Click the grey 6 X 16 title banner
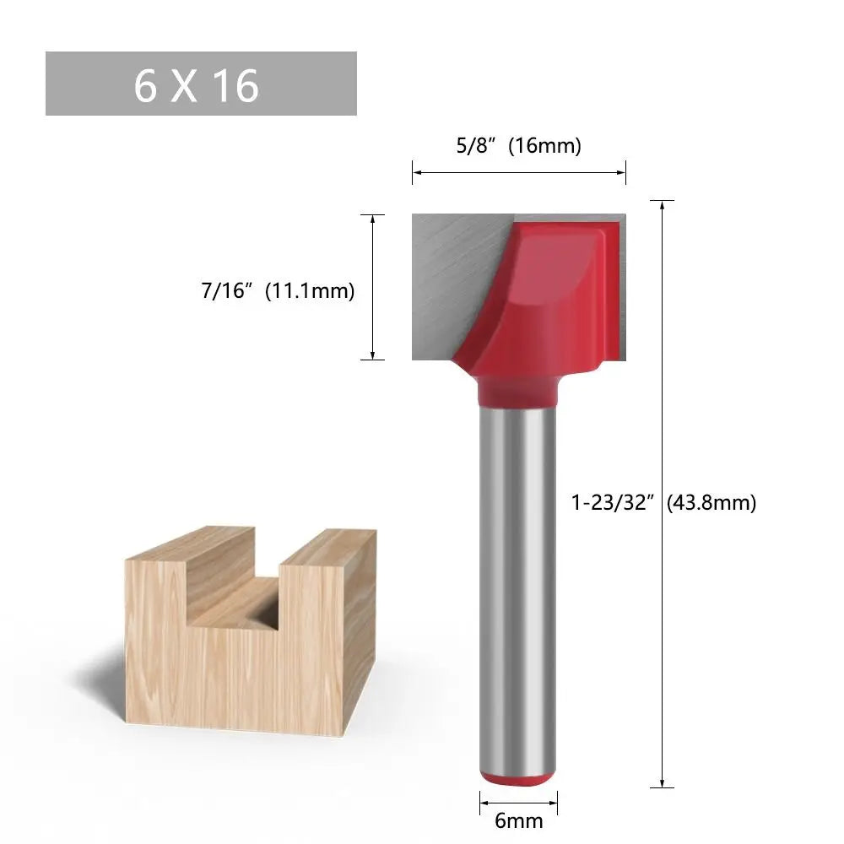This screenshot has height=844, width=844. pyautogui.click(x=201, y=84)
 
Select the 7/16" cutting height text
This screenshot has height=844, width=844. pyautogui.click(x=226, y=292)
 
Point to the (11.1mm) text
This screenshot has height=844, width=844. pyautogui.click(x=310, y=292)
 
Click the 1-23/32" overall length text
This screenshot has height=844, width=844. pyautogui.click(x=614, y=503)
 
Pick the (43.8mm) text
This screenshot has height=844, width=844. pyautogui.click(x=711, y=503)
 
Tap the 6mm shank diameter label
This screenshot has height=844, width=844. pyautogui.click(x=518, y=820)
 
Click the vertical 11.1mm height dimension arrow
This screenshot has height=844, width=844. pyautogui.click(x=372, y=287)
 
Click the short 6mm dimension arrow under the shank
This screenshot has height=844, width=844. pyautogui.click(x=518, y=798)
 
